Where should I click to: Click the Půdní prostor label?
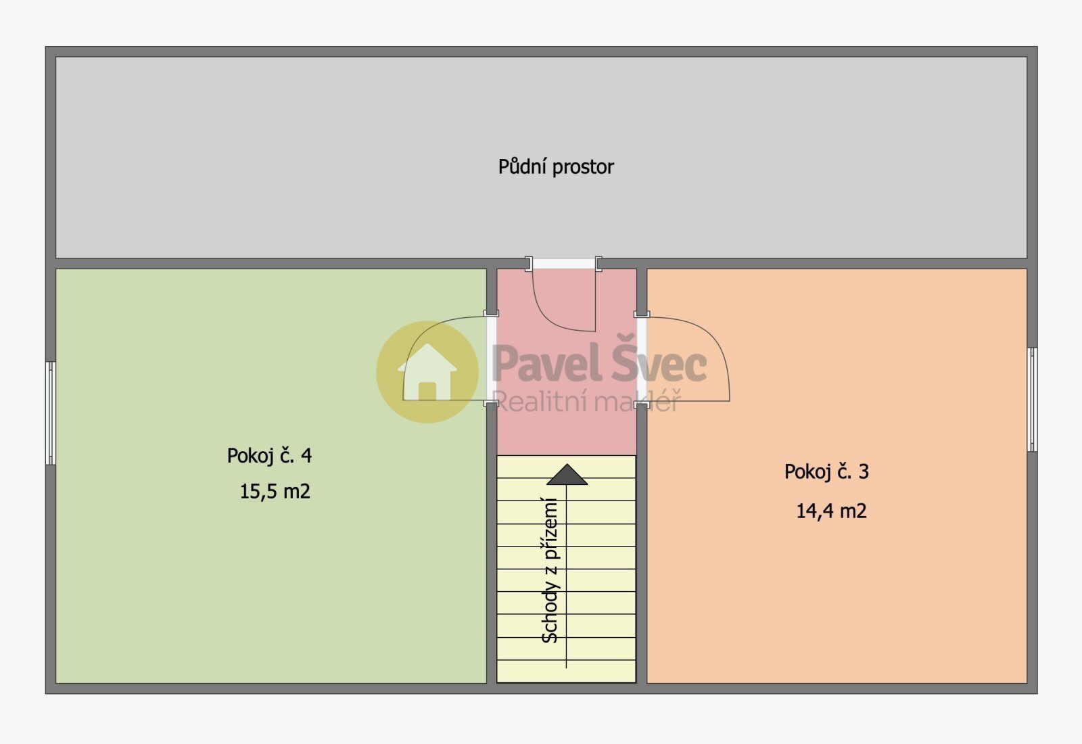556,167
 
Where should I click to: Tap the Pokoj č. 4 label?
270,456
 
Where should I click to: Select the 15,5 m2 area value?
275,491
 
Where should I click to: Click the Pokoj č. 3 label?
826,471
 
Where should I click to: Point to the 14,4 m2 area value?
831,511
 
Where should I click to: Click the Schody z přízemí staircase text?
550,570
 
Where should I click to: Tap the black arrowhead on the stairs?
567,474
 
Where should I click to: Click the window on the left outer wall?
50,413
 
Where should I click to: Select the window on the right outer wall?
1032,400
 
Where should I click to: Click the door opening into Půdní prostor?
564,264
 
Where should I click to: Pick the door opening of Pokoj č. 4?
491,359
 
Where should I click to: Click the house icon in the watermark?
427,371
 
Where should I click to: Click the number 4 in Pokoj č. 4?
306,455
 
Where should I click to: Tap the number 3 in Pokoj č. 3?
864,471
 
